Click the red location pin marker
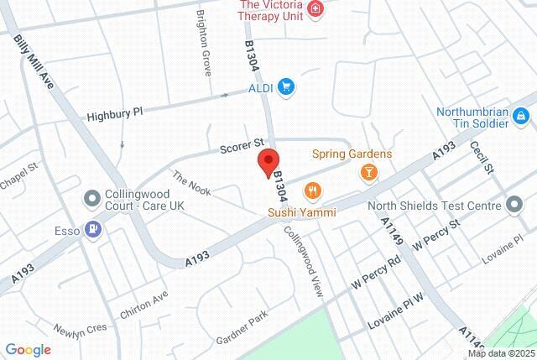click(x=268, y=161)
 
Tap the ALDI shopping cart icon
click(x=286, y=86)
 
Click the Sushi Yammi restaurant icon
click(x=313, y=191)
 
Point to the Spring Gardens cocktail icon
click(x=368, y=172)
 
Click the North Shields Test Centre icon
click(x=514, y=204)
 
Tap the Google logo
click(x=28, y=350)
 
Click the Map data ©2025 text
click(x=500, y=353)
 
